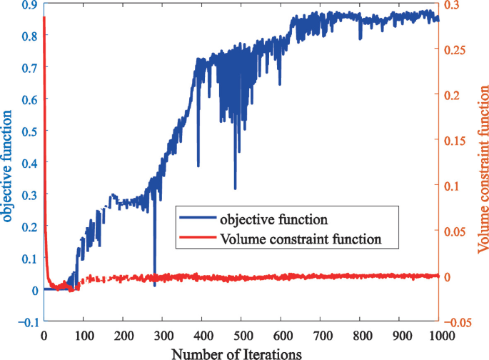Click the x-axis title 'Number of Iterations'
241,353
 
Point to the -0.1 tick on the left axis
26,322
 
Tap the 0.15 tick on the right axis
457,141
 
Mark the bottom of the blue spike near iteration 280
154,286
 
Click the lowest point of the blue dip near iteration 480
235,189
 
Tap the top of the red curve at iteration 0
44,17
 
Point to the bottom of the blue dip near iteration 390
198,165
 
